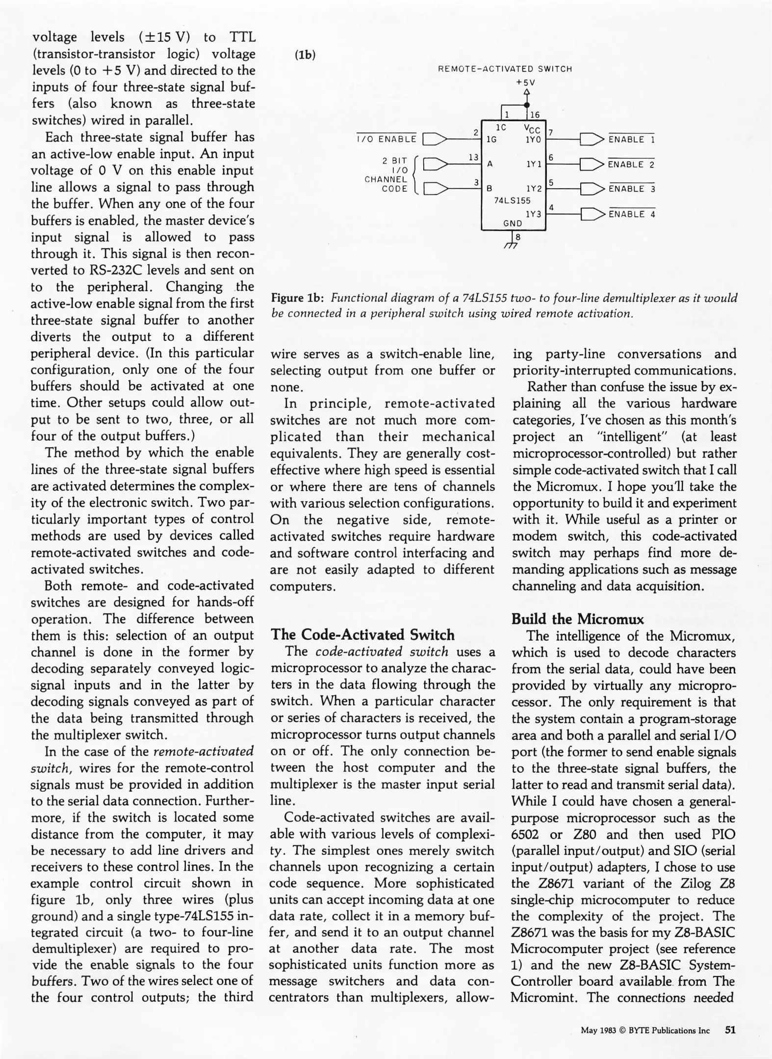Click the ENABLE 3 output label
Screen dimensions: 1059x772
pyautogui.click(x=632, y=189)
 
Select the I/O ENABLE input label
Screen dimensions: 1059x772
pyautogui.click(x=386, y=139)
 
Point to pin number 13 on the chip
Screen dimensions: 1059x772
pyautogui.click(x=473, y=157)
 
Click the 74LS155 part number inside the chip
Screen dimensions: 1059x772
pyautogui.click(x=512, y=200)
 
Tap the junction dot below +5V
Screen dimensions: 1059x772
pyautogui.click(x=527, y=104)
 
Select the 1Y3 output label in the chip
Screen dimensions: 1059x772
pyautogui.click(x=533, y=214)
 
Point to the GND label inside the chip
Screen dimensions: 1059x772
pyautogui.click(x=513, y=224)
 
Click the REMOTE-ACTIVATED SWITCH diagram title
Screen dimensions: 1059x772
pyautogui.click(x=505, y=69)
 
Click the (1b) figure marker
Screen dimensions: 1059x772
pyautogui.click(x=305, y=55)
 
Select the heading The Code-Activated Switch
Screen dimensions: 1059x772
pyautogui.click(x=362, y=634)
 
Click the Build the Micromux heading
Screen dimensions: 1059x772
pyautogui.click(x=578, y=619)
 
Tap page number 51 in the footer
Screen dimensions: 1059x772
pyautogui.click(x=730, y=1030)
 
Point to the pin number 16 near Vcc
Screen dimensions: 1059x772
pyautogui.click(x=535, y=115)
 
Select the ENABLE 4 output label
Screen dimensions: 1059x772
pyautogui.click(x=632, y=214)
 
